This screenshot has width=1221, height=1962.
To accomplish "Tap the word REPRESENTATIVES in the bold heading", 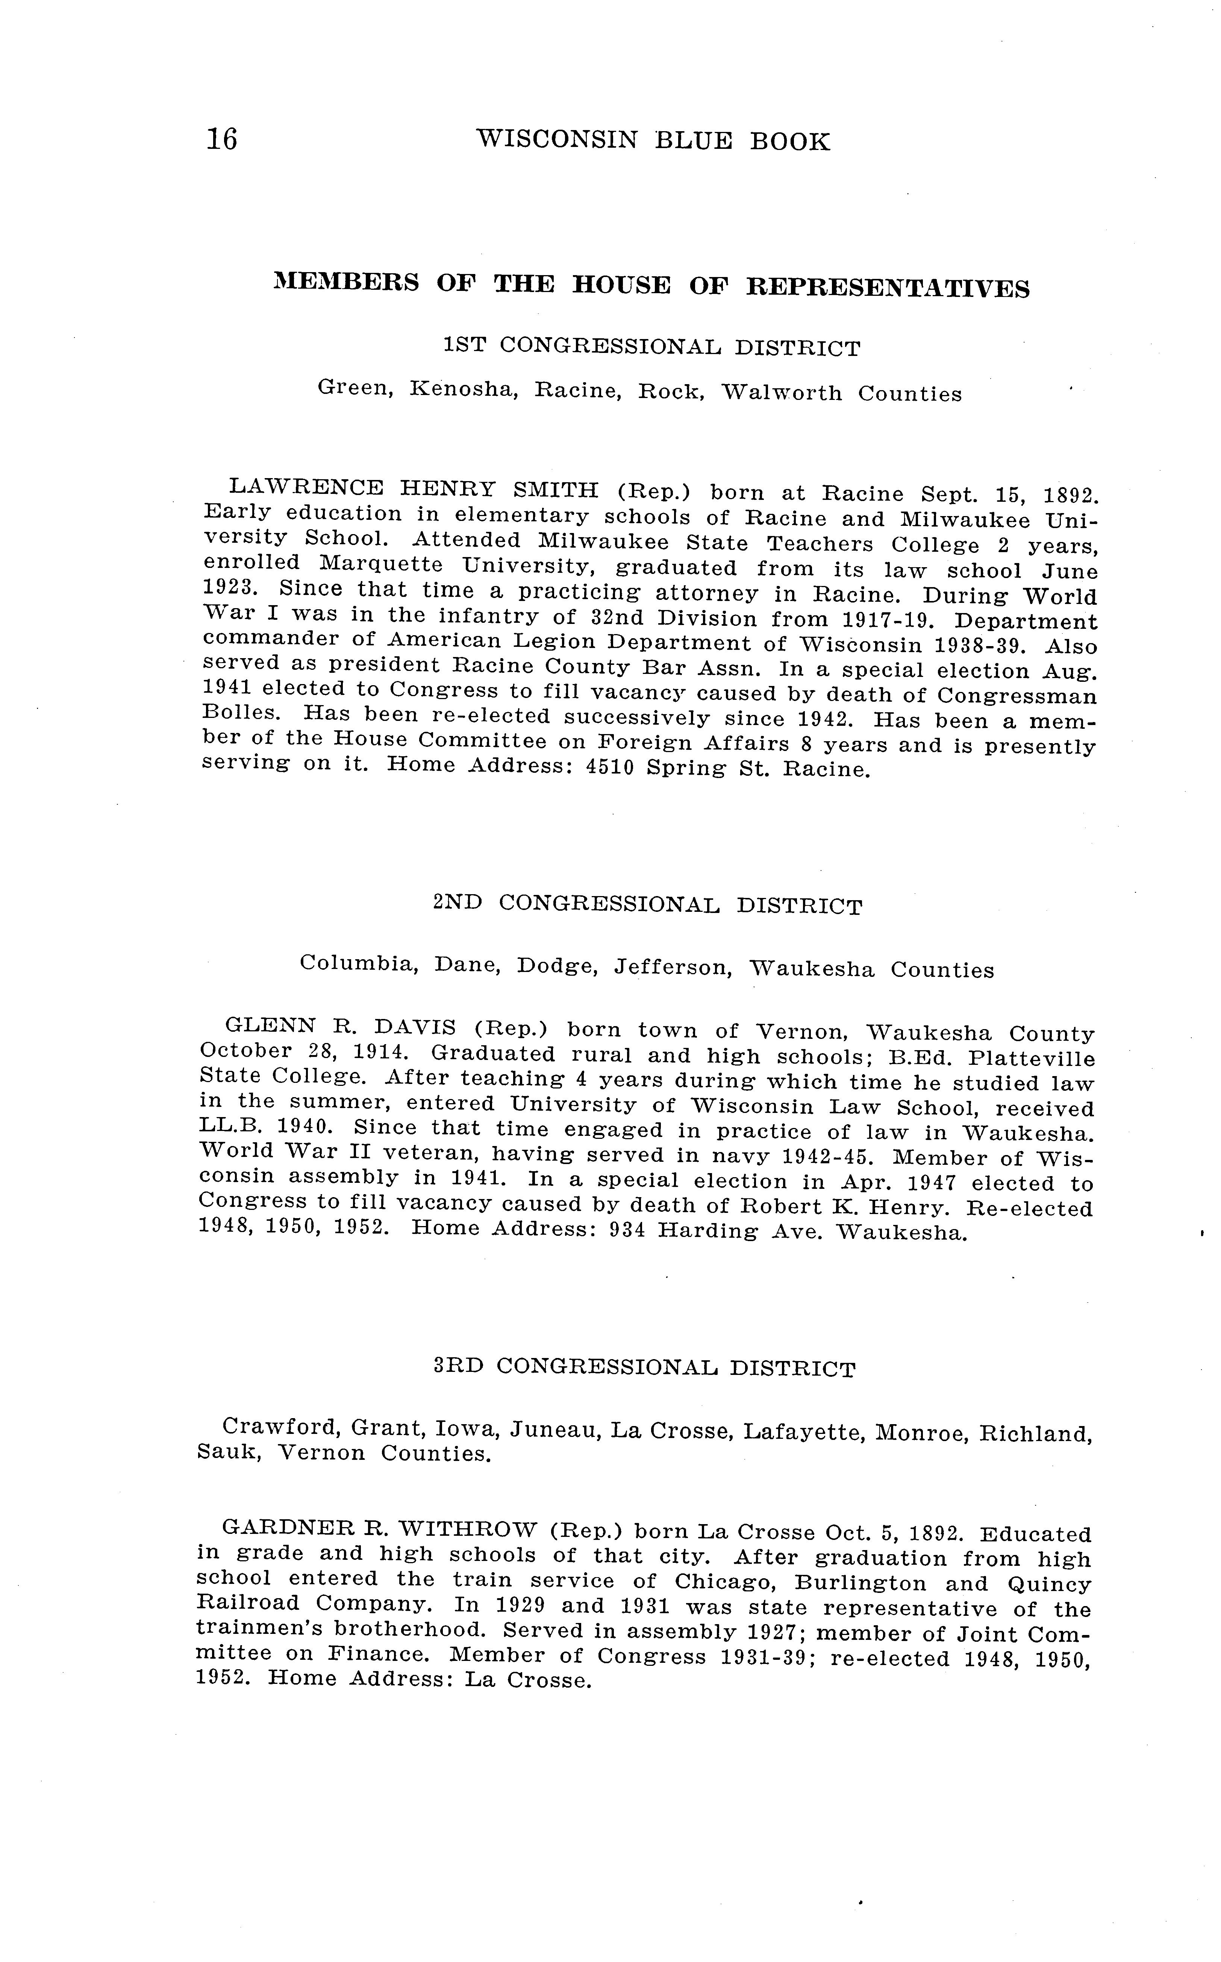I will (887, 287).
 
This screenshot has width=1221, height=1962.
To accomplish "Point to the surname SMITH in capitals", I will (556, 489).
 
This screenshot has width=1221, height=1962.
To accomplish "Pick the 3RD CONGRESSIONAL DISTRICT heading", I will (644, 1367).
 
